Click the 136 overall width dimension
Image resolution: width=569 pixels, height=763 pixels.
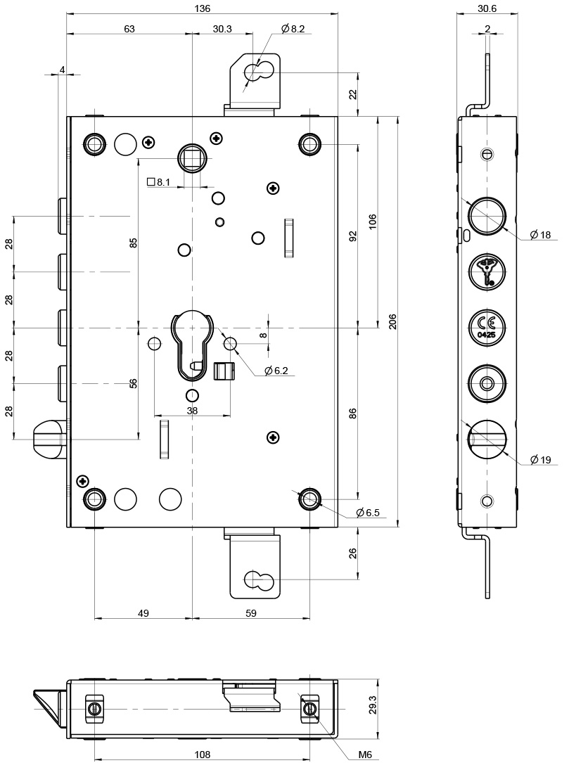[x=202, y=8]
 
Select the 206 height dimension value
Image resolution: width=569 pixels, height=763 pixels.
[x=392, y=321]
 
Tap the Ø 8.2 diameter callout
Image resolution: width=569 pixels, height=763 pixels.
[x=293, y=29]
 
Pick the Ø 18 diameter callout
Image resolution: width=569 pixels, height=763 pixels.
[x=540, y=235]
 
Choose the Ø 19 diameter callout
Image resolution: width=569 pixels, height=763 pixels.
[x=540, y=459]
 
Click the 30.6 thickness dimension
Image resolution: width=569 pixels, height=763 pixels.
[x=487, y=8]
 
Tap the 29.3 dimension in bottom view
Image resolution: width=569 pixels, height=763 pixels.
[x=372, y=705]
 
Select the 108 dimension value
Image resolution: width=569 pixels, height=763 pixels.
[x=202, y=755]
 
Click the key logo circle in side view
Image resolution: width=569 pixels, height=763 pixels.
[x=487, y=273]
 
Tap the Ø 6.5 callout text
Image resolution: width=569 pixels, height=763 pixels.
[x=367, y=513]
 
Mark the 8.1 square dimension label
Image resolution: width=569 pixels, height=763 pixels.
[x=158, y=182]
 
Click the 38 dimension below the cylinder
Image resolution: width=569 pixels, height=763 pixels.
[x=192, y=410]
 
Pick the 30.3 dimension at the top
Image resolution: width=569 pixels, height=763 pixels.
[x=222, y=29]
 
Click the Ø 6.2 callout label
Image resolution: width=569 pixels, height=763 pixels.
[x=276, y=371]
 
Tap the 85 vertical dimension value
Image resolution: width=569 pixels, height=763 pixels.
[x=134, y=243]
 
